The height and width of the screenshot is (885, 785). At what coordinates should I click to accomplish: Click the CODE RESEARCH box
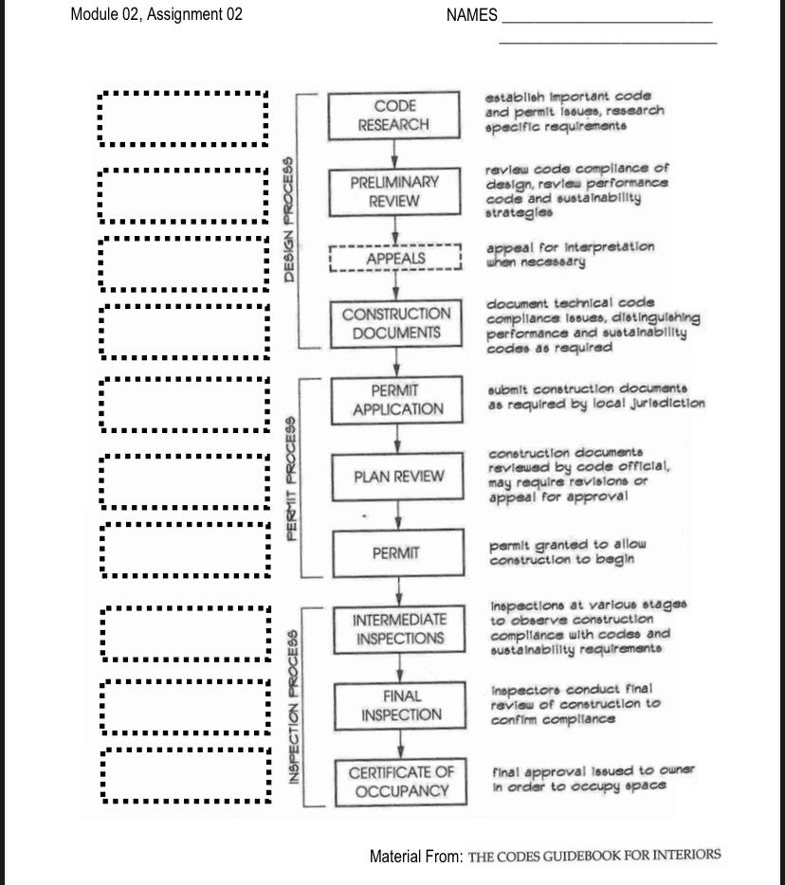coord(393,116)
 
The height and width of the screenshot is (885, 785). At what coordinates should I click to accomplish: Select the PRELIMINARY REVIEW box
coord(393,191)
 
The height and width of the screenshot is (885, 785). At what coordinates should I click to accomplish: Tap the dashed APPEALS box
coord(395,259)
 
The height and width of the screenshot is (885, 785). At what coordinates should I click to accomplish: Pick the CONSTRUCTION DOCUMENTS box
coord(396,323)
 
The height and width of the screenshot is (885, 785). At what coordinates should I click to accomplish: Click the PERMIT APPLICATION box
coord(397,400)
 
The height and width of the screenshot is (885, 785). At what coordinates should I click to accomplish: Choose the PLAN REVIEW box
coord(398,477)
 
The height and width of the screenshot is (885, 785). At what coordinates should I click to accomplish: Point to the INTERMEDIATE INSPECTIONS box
coord(399,629)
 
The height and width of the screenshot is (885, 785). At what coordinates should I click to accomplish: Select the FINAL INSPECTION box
coord(400,706)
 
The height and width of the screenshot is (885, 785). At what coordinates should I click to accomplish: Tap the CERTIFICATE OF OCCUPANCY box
coord(401,782)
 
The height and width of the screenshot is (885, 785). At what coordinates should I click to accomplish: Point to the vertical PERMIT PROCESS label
coord(292,478)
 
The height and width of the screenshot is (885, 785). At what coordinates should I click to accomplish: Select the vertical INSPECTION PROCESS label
coord(294,706)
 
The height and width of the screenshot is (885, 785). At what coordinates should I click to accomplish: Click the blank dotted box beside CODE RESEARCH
coord(183,118)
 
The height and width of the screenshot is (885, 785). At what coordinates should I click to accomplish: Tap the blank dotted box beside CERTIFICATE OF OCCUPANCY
coord(186,775)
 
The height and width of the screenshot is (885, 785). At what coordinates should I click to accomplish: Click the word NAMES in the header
coord(471,14)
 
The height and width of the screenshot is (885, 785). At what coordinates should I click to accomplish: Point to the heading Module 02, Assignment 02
coord(156,14)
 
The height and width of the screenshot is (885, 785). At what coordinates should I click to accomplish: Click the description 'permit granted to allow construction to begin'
coord(567,551)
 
